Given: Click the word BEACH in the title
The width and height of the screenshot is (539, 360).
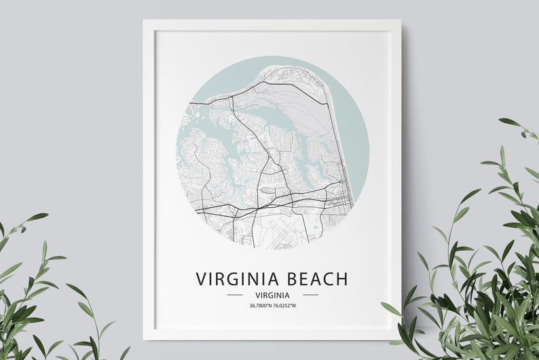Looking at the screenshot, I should click(317, 279).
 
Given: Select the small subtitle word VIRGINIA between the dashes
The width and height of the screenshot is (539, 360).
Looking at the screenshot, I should click(272, 295).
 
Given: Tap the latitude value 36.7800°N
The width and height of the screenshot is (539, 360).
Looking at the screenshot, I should click(260, 306).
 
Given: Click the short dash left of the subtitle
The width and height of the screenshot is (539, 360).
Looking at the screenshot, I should click(234, 295).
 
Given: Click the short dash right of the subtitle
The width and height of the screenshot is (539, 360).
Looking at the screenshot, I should click(310, 295).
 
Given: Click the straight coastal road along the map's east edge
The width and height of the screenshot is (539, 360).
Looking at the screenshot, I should click(337, 136).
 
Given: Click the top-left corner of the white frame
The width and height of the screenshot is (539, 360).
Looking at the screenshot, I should click(145, 21).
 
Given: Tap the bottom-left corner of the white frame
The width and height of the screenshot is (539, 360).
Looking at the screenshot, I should click(145, 338).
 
